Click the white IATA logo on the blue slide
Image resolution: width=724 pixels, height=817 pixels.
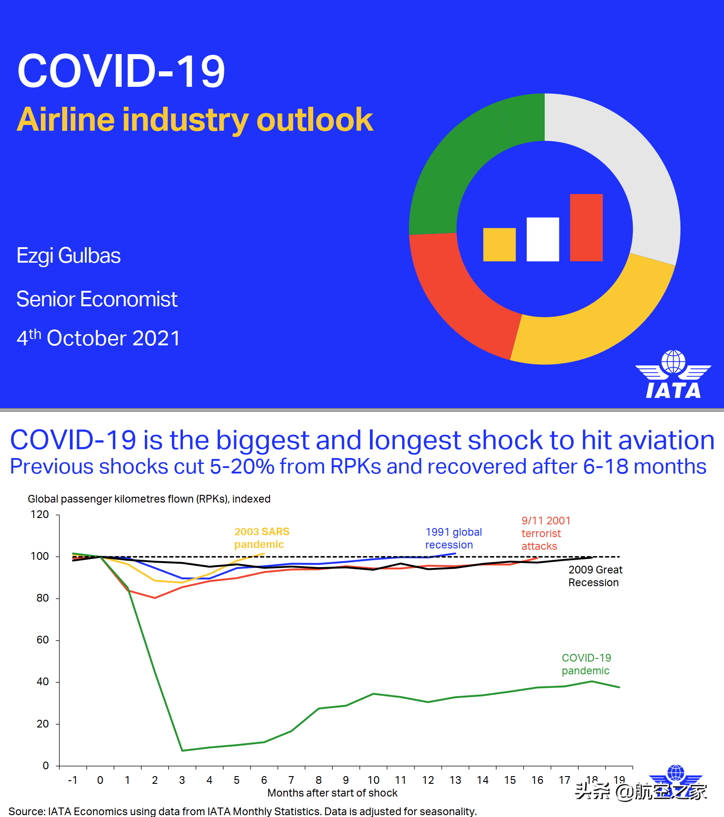(673, 374)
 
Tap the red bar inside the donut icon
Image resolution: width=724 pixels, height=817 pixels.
(586, 228)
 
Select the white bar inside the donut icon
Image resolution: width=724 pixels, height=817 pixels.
(542, 239)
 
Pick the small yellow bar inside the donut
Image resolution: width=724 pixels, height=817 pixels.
(499, 244)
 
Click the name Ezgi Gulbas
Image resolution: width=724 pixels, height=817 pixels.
(69, 256)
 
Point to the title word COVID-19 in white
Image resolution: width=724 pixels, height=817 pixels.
(121, 71)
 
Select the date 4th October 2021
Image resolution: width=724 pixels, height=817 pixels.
(99, 338)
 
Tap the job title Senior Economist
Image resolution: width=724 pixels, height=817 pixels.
(97, 299)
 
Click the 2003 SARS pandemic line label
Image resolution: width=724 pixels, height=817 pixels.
(261, 538)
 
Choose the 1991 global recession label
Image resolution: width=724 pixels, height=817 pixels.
(453, 538)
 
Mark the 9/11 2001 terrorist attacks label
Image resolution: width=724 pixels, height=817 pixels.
(546, 533)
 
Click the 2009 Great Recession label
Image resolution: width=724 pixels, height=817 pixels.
(595, 576)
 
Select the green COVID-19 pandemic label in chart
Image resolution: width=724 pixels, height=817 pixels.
(586, 664)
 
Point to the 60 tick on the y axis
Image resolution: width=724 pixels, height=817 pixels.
(43, 640)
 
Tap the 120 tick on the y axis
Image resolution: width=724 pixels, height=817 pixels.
(39, 514)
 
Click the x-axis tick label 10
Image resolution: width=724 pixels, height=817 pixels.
(373, 780)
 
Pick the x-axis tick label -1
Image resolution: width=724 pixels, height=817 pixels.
(73, 780)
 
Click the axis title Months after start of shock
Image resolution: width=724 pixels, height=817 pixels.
(332, 793)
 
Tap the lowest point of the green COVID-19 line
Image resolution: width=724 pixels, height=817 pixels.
(182, 750)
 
